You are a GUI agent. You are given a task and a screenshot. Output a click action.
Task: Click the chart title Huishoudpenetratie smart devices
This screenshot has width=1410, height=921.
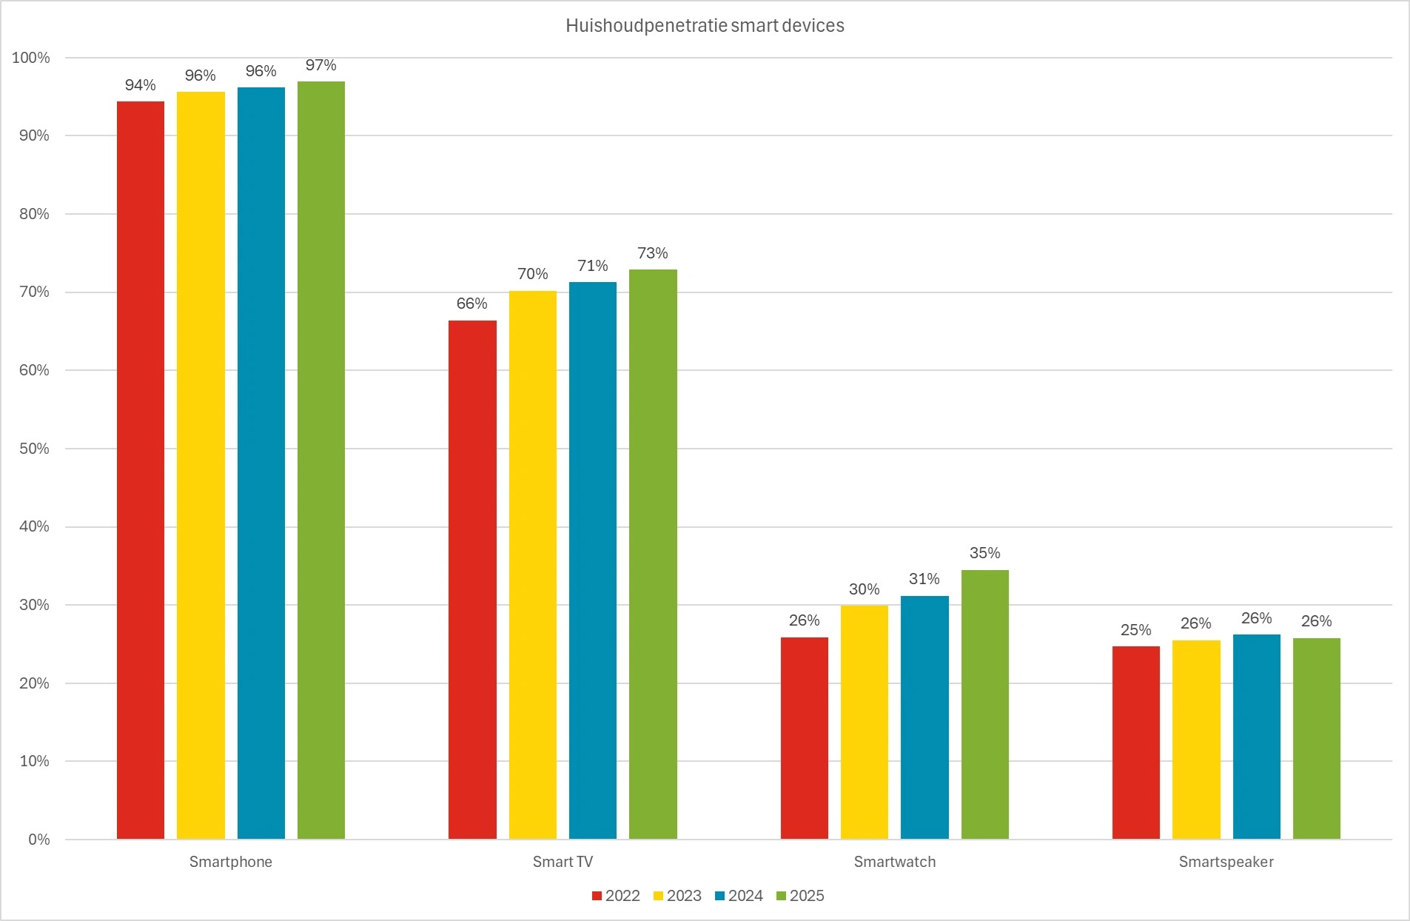click(705, 26)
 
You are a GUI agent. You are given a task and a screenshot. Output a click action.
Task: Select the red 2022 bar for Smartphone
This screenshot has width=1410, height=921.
click(141, 469)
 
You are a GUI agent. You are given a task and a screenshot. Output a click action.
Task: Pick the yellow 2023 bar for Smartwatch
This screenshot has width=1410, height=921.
click(864, 722)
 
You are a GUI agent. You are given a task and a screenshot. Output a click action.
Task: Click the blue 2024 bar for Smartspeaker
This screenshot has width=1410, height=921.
click(1256, 736)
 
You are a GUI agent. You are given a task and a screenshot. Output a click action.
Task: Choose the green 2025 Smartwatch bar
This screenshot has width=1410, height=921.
click(984, 704)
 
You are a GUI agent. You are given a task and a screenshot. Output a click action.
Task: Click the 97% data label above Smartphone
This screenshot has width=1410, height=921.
click(320, 66)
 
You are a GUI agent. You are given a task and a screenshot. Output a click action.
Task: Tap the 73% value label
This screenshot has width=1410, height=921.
click(652, 253)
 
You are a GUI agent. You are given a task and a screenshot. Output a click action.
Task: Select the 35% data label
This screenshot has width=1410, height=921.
click(984, 553)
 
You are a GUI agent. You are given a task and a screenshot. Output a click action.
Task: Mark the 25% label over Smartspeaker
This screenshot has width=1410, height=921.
click(1135, 630)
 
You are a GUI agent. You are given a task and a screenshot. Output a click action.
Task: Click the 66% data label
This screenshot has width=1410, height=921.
click(471, 304)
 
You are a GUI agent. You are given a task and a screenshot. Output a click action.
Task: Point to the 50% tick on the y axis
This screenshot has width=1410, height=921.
click(34, 449)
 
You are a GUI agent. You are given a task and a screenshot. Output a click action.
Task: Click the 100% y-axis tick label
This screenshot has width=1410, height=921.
click(31, 58)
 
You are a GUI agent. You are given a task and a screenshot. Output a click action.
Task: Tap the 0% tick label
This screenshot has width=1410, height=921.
click(39, 840)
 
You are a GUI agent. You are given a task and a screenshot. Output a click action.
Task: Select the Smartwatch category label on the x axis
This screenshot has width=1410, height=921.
click(894, 862)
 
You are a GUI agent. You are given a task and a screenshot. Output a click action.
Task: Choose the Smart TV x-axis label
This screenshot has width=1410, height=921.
click(563, 862)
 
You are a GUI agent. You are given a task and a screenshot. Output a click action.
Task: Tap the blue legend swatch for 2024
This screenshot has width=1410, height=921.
click(719, 896)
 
